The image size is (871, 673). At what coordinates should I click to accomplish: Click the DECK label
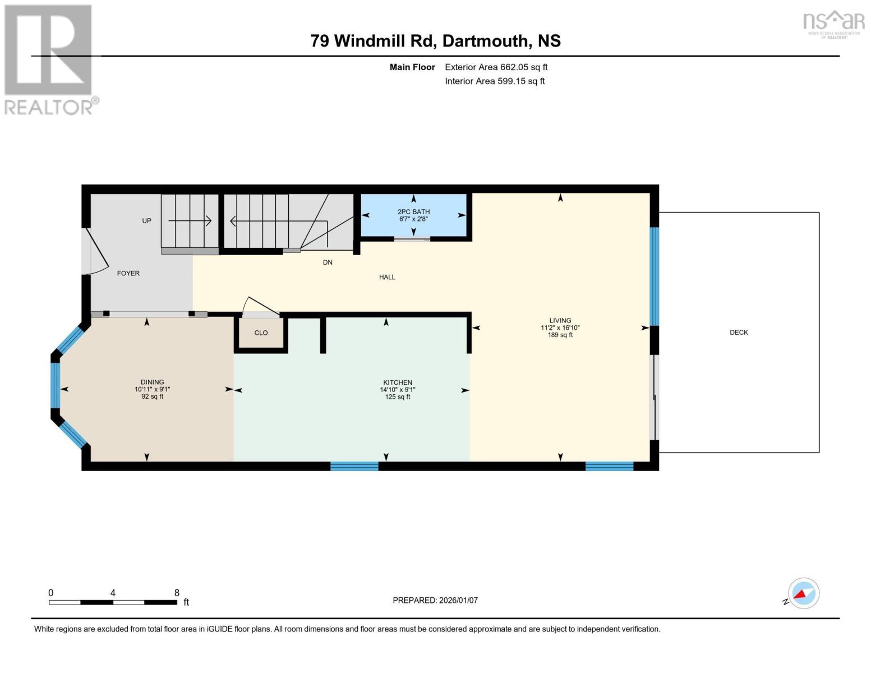coord(739,333)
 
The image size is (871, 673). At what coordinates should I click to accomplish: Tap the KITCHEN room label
coord(398,382)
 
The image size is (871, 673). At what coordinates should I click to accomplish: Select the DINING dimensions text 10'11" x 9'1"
coord(152,389)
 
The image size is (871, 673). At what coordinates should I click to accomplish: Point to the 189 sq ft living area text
coord(560,335)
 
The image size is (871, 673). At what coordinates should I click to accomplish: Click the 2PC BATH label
coord(413,212)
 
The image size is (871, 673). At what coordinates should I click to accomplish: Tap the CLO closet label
coord(261,333)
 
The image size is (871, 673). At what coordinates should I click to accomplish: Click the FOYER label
coord(128,274)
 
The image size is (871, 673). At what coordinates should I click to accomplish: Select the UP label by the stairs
coord(146,221)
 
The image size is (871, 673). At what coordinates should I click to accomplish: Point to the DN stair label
coord(328,262)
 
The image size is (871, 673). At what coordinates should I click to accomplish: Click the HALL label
coord(387,277)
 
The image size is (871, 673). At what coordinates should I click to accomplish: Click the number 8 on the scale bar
coord(177,593)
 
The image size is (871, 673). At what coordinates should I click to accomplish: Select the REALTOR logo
coord(49,59)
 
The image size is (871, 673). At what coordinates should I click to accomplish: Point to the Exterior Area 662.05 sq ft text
coord(496,67)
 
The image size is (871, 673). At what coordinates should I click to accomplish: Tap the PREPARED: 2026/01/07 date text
coord(435,600)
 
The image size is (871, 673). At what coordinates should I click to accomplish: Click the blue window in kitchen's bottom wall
coord(354,466)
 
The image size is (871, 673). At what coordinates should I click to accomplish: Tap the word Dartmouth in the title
coord(486,41)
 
